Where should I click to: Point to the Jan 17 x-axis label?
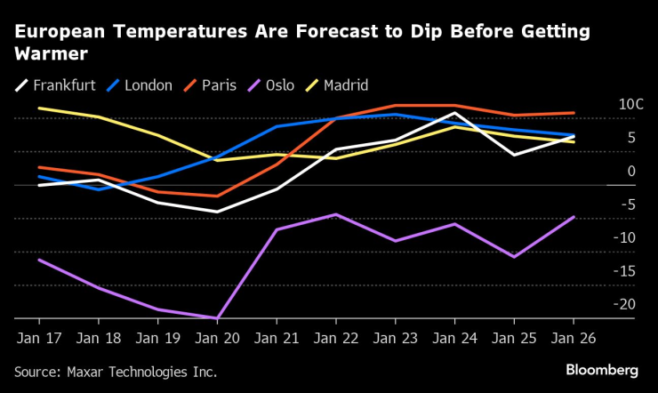[38, 339]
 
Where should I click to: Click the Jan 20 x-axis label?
[217, 339]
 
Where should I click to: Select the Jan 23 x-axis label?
[396, 339]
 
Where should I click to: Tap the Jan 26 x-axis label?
[574, 339]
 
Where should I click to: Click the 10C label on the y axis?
[630, 104]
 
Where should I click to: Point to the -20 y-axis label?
[627, 304]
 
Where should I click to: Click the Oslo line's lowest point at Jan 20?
[217, 317]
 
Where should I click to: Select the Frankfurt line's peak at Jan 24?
[454, 113]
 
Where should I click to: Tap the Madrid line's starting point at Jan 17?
[38, 108]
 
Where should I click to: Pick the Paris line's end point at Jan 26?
[574, 113]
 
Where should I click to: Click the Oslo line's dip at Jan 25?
[514, 257]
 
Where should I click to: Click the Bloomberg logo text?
[602, 369]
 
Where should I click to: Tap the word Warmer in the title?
[50, 53]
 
